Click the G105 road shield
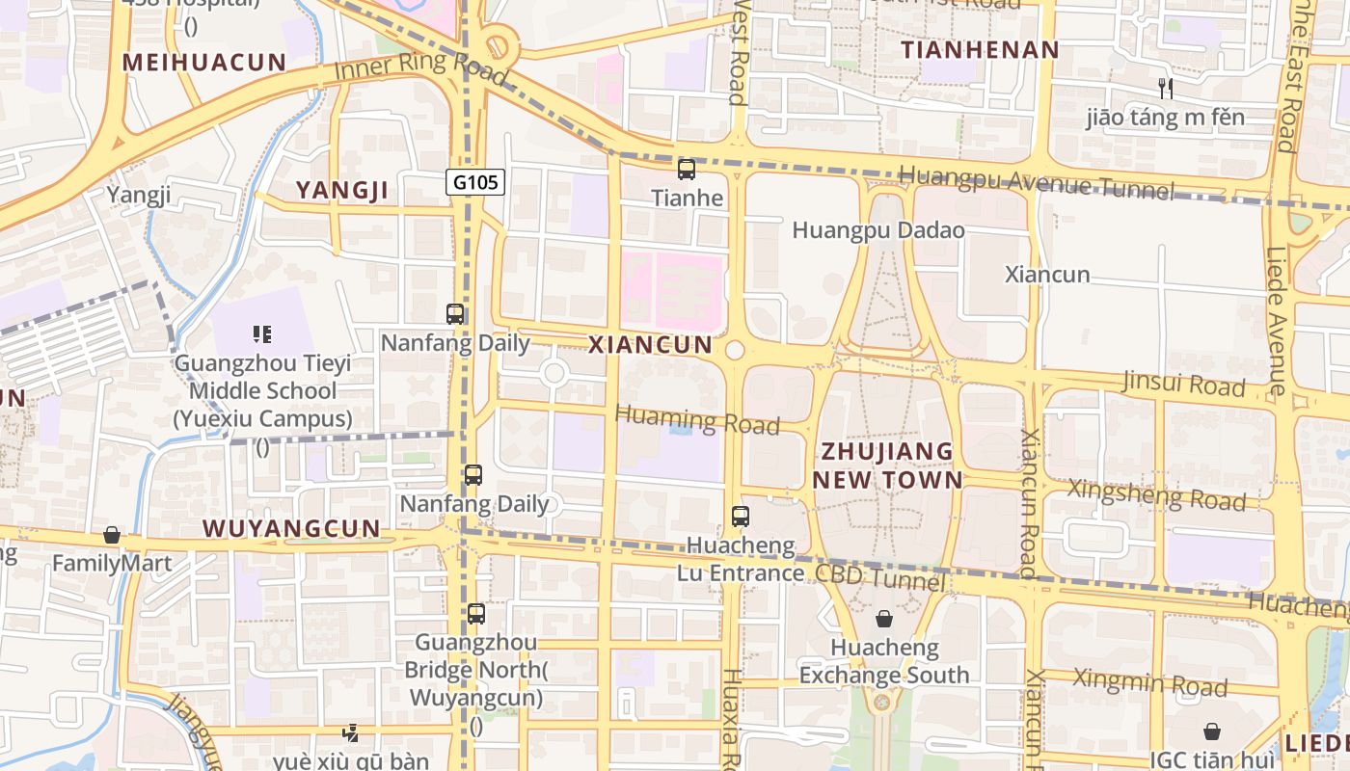(x=476, y=181)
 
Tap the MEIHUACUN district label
(x=204, y=63)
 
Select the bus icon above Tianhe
(x=687, y=171)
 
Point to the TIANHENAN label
(x=980, y=49)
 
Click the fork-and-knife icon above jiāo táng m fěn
(x=1166, y=89)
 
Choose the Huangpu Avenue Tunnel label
(x=1037, y=182)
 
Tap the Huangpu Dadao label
(x=877, y=230)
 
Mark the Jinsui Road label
(x=1184, y=384)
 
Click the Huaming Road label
(x=696, y=420)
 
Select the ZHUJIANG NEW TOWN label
(x=887, y=465)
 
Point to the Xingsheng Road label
(x=1156, y=494)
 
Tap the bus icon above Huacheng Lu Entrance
(x=741, y=517)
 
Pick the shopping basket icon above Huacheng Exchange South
(x=884, y=619)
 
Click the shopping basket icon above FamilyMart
(x=112, y=535)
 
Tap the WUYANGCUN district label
(x=291, y=529)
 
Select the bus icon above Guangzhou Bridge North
(x=475, y=614)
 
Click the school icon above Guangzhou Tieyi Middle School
(x=262, y=334)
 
